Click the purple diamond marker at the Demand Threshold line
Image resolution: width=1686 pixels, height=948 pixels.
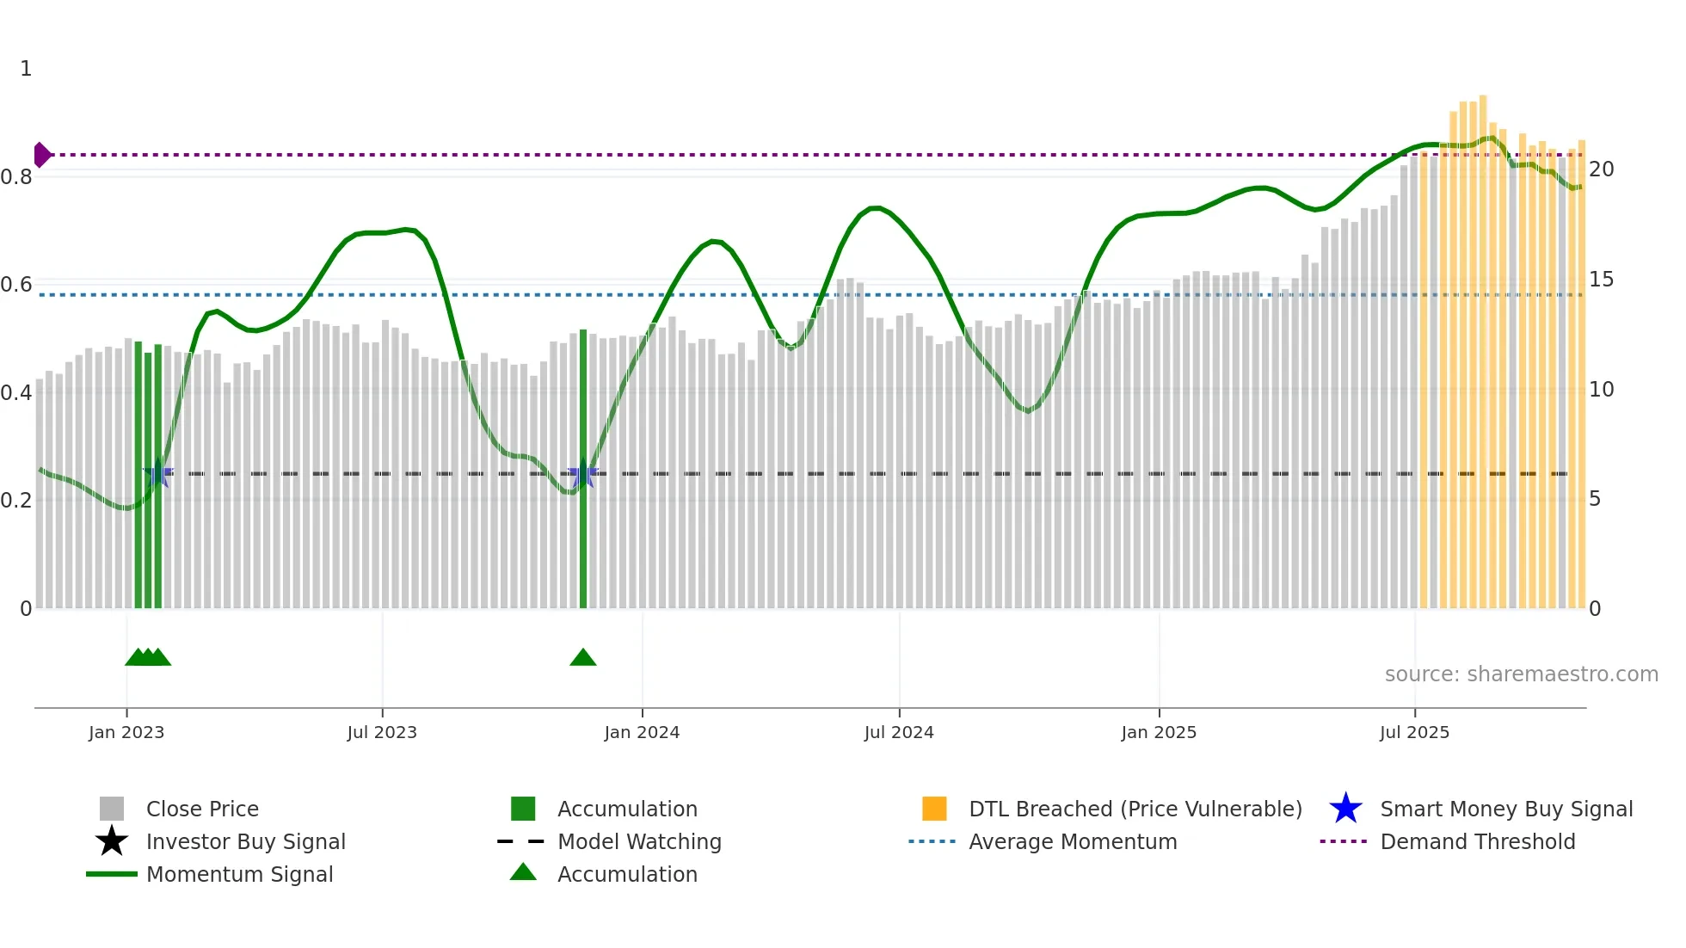pyautogui.click(x=41, y=155)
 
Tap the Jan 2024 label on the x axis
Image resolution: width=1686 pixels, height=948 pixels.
pyautogui.click(x=642, y=732)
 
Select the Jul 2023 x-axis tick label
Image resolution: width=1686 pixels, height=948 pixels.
pyautogui.click(x=382, y=732)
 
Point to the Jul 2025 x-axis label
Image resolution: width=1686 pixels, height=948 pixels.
pyautogui.click(x=1414, y=732)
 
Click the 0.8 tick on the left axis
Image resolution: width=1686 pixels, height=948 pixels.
pyautogui.click(x=16, y=177)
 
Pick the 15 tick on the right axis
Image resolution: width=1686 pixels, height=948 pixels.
pyautogui.click(x=1601, y=280)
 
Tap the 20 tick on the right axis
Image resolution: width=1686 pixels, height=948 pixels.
pyautogui.click(x=1601, y=169)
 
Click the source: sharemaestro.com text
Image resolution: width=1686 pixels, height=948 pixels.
pyautogui.click(x=1521, y=674)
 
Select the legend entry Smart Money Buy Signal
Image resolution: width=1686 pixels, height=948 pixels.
pyautogui.click(x=1505, y=809)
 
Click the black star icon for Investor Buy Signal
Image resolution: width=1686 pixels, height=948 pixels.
pyautogui.click(x=112, y=841)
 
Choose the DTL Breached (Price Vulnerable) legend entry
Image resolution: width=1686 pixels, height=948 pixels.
pyautogui.click(x=1135, y=809)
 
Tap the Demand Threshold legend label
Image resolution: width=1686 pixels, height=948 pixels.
pyautogui.click(x=1477, y=841)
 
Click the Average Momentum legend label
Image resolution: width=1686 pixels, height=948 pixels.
pyautogui.click(x=1072, y=841)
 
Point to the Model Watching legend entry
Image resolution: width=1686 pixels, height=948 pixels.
pyautogui.click(x=638, y=841)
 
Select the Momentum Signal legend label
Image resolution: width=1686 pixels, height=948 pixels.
pyautogui.click(x=239, y=874)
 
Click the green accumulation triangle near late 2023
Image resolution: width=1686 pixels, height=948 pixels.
pyautogui.click(x=583, y=658)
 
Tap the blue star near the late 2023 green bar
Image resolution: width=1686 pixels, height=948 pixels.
pyautogui.click(x=583, y=473)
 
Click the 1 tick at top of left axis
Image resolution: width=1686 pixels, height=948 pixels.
pyautogui.click(x=26, y=69)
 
